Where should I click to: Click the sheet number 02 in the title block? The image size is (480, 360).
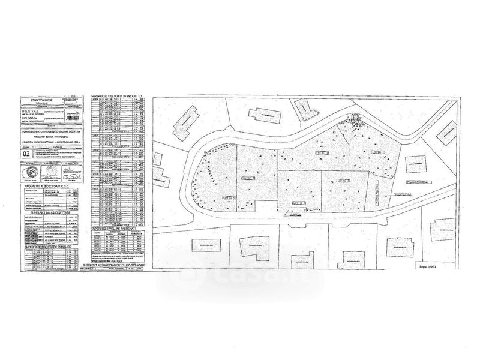tap(26, 154)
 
